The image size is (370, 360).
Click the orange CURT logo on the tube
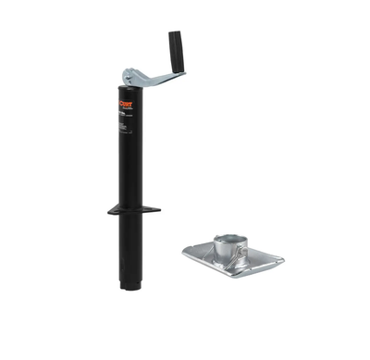(126, 105)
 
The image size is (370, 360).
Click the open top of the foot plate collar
(228, 239)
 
